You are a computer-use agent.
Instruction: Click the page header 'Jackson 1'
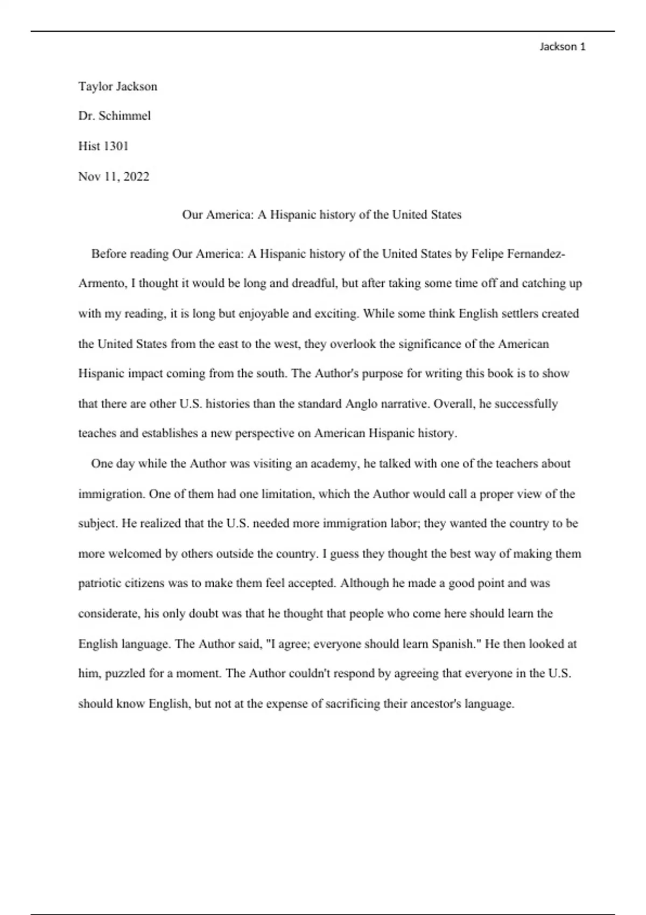pos(562,47)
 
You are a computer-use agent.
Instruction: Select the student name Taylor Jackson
pos(117,87)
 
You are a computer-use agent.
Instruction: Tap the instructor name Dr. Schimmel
pos(114,116)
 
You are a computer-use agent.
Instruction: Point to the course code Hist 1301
pos(103,146)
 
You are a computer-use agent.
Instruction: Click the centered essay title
pos(321,215)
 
